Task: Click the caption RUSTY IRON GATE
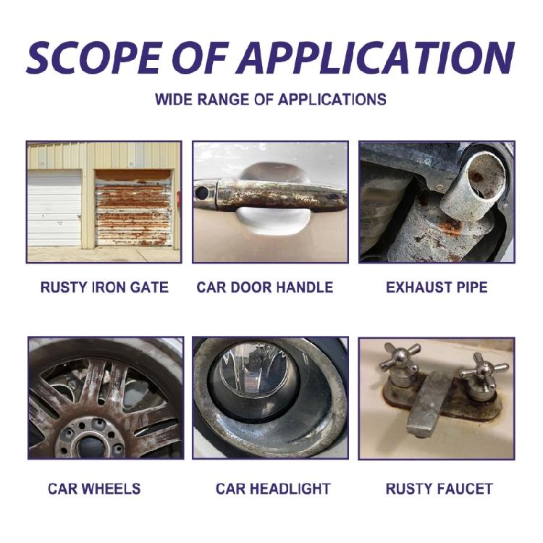pos(104,287)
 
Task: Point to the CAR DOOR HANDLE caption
pos(265,287)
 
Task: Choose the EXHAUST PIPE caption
pos(437,287)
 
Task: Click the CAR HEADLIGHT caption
pos(273,489)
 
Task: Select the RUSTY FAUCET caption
pos(439,489)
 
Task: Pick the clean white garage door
pos(54,208)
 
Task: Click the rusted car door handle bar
pos(275,195)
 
